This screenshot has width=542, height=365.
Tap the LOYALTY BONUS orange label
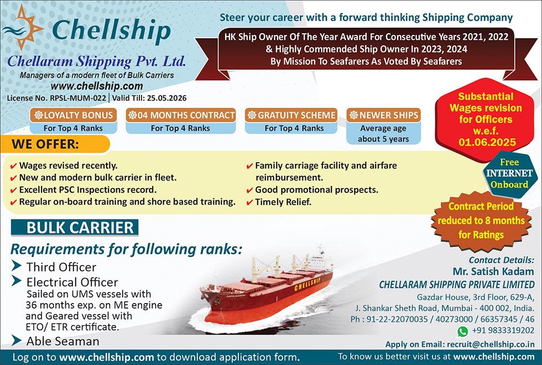(74, 115)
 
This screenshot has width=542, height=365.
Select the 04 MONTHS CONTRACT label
(181, 115)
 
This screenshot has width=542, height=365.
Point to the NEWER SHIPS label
(383, 115)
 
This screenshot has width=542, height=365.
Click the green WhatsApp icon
(462, 331)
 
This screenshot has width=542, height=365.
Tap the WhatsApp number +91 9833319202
(503, 331)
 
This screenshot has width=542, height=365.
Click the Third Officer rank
(61, 267)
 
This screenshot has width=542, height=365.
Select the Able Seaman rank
(63, 341)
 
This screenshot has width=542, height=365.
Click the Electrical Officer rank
(72, 282)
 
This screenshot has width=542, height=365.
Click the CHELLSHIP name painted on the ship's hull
(308, 283)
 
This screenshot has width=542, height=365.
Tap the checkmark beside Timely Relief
(250, 202)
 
